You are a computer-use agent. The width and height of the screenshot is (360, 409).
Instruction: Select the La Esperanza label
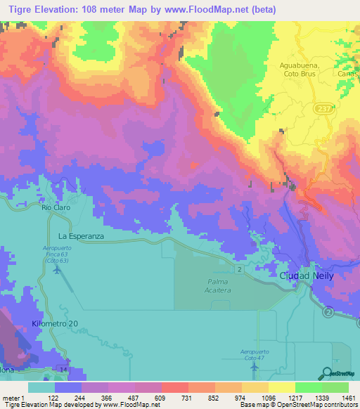(81, 237)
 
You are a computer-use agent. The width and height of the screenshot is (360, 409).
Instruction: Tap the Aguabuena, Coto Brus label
(295, 69)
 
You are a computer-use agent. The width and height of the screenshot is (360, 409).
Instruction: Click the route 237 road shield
(321, 109)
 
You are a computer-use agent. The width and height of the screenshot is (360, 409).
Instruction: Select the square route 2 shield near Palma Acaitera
(240, 269)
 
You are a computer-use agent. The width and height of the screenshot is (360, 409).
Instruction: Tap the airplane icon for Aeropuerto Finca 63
(57, 273)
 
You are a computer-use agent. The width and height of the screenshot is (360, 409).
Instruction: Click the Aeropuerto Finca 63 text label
(58, 254)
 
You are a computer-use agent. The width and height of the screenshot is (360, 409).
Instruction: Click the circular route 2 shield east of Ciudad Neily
(328, 311)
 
